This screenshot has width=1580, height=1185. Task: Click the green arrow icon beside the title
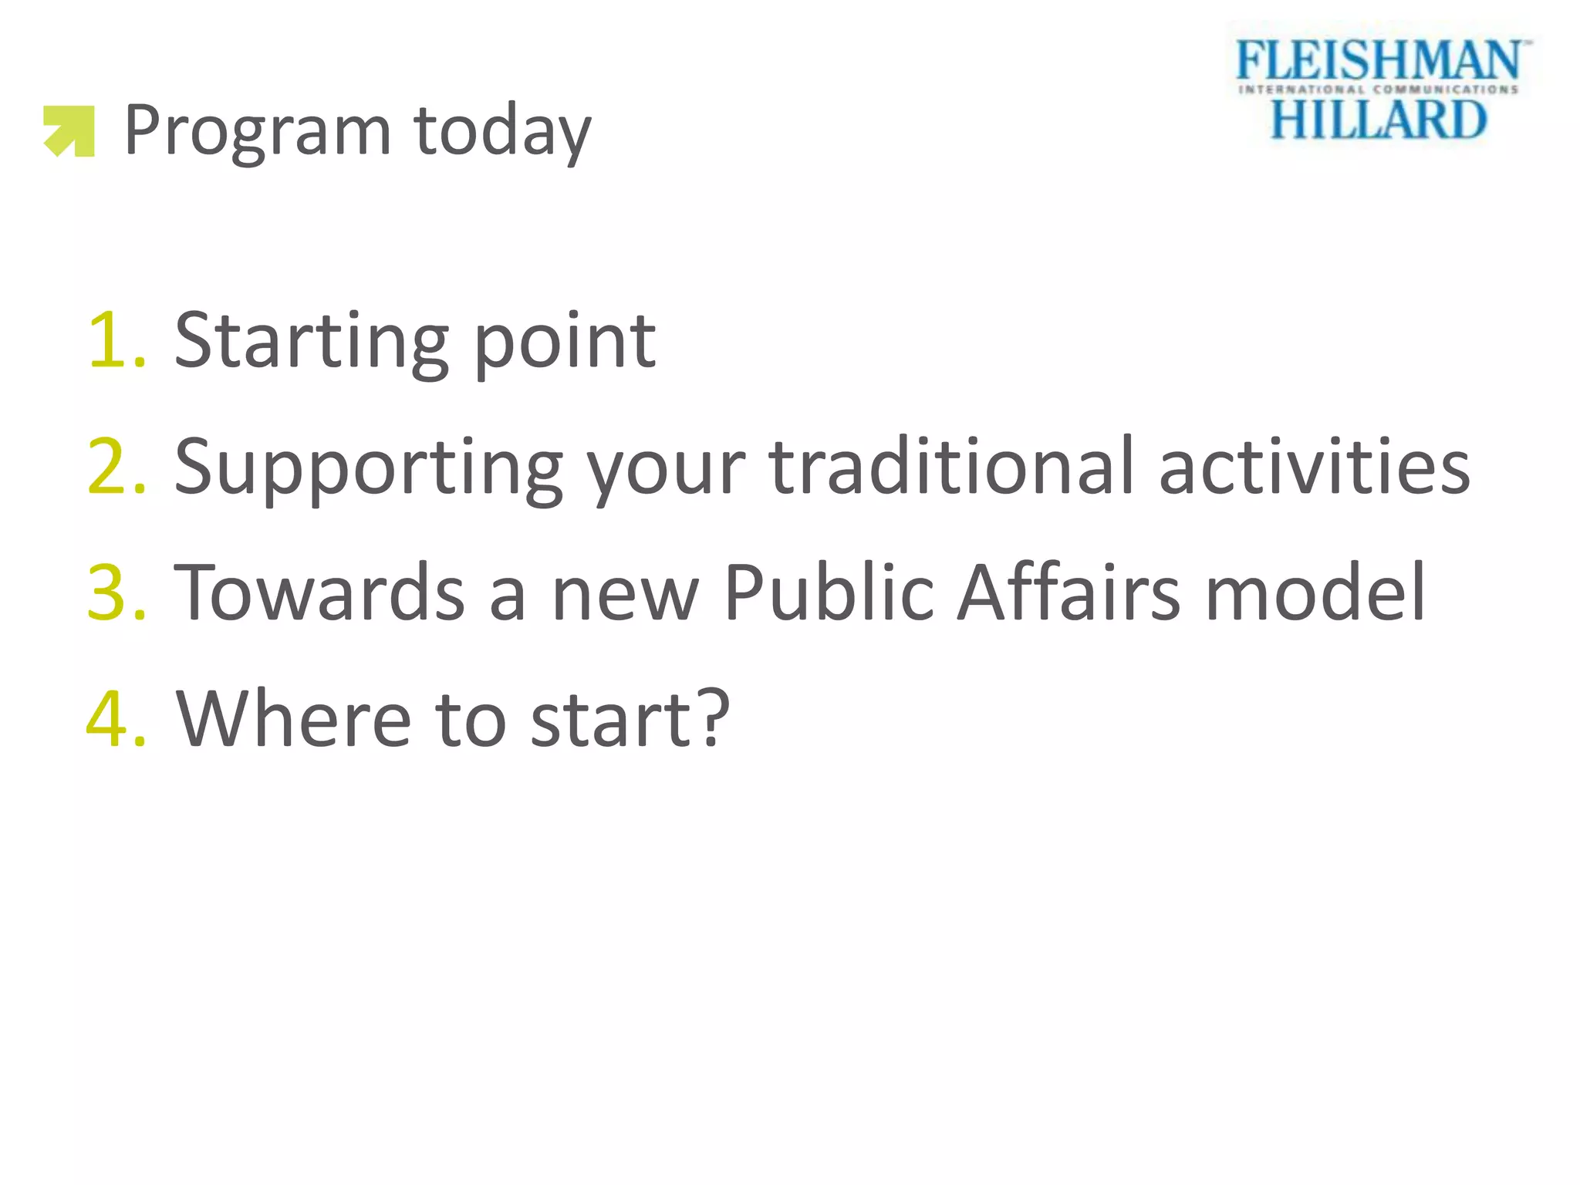point(69,131)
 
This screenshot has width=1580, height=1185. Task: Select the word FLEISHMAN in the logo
point(1379,61)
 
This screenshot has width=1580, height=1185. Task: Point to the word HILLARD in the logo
point(1379,120)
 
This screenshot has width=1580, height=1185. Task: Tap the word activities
point(1315,466)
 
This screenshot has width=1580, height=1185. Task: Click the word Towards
point(319,592)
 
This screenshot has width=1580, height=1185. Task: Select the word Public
point(830,592)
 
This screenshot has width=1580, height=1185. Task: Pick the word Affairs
point(1069,592)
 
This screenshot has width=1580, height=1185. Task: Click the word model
point(1315,592)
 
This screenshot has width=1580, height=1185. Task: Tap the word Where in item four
point(294,719)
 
